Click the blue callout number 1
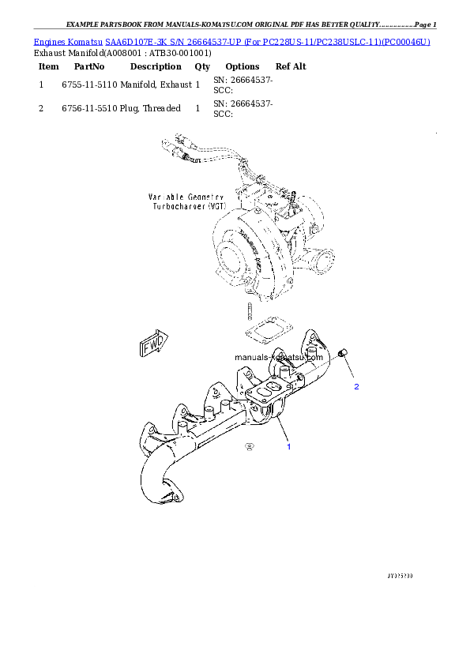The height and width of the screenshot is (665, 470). click(x=288, y=447)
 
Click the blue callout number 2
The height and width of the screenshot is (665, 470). click(x=356, y=387)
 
